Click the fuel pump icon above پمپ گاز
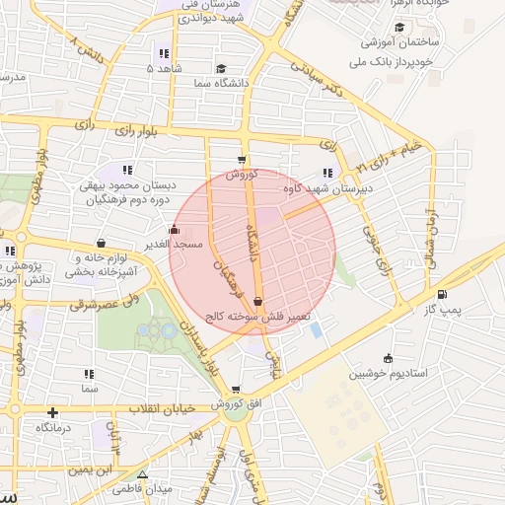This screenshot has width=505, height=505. coord(440,294)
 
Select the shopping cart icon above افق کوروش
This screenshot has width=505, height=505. coord(234,391)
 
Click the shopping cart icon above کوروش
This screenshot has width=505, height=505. coord(242,159)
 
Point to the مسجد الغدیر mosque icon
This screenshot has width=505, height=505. coord(176,230)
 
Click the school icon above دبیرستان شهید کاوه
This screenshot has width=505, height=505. coord(327,174)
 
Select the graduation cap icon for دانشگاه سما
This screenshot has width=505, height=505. coord(221,69)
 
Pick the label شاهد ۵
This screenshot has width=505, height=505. coord(164,69)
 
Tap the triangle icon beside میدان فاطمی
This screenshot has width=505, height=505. coord(143,474)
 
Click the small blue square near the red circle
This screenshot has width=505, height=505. coord(316,329)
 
